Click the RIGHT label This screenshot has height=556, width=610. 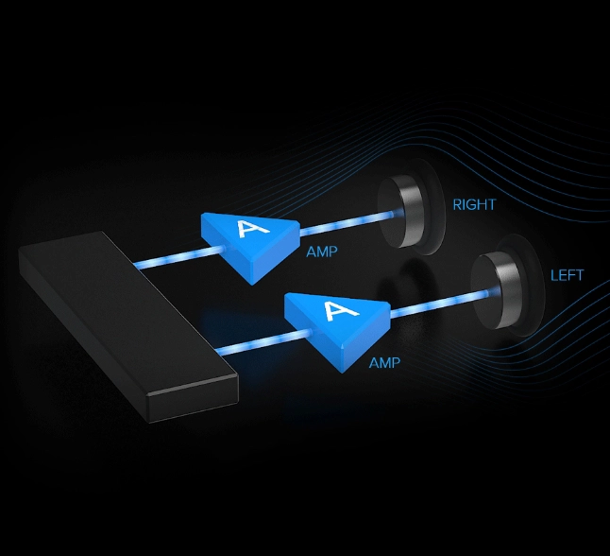tap(474, 204)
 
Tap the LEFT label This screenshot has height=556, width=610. tap(567, 275)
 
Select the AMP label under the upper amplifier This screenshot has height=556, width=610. tap(322, 252)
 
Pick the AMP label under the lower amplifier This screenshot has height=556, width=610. tap(384, 363)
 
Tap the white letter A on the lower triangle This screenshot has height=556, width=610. tap(340, 311)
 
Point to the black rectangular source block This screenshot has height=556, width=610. tap(128, 326)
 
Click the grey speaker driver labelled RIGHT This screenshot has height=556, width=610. tap(400, 213)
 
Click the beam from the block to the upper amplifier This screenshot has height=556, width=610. tap(179, 257)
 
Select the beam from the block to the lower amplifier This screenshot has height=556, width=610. tap(263, 341)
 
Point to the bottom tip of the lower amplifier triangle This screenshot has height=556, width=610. tap(343, 373)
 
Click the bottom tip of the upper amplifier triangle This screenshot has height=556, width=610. tap(252, 285)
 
